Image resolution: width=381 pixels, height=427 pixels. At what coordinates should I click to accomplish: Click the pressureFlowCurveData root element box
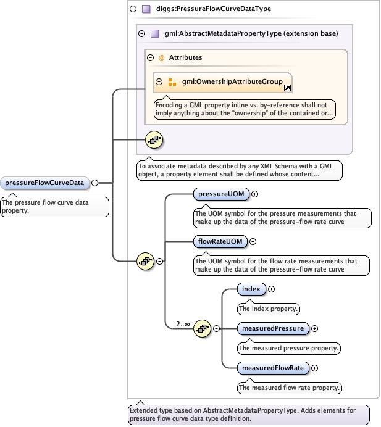coord(44,183)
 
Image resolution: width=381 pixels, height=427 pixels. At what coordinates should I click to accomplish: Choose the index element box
coord(251,289)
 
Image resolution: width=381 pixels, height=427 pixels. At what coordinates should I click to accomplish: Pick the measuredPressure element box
coord(273,328)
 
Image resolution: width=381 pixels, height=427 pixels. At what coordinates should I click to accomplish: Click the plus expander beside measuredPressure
coord(314,328)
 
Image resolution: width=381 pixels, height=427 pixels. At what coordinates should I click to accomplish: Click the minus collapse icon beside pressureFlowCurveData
coord(94,183)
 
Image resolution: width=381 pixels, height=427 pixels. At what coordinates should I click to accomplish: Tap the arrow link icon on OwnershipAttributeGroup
coord(287,88)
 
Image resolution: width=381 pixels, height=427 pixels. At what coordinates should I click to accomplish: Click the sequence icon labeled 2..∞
coord(203,328)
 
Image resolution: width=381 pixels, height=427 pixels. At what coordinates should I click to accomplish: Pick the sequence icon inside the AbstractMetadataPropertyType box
coord(154,140)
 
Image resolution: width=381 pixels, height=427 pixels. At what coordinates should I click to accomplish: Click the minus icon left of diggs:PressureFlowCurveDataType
coord(133,9)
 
